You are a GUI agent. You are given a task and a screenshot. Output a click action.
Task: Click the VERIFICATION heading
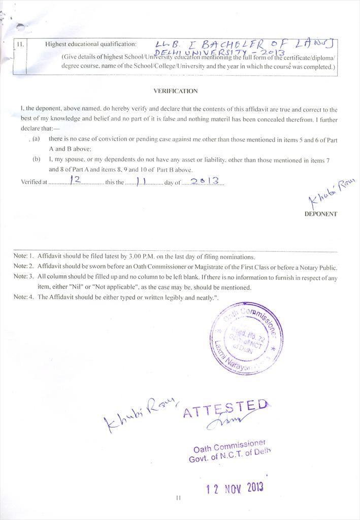(175, 91)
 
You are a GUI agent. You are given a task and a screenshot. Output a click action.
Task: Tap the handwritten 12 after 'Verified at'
(78, 180)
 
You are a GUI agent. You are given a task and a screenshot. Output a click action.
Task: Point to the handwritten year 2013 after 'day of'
(204, 180)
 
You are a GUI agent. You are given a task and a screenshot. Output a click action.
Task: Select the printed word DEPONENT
(320, 214)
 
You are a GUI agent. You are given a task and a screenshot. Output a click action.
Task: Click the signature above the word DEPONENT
(332, 191)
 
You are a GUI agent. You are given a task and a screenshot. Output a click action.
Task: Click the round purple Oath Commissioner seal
(246, 338)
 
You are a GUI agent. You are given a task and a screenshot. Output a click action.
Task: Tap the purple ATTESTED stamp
(224, 409)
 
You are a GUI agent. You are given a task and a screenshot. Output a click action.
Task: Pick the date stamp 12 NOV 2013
(235, 489)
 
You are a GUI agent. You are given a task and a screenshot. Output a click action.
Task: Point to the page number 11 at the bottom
(178, 498)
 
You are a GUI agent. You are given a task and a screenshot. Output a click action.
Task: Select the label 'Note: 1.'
(23, 257)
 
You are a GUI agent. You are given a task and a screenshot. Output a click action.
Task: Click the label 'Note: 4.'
(23, 298)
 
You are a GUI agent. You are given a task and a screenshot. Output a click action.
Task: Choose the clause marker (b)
(36, 160)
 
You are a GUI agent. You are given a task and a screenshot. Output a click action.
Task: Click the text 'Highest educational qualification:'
(91, 44)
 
